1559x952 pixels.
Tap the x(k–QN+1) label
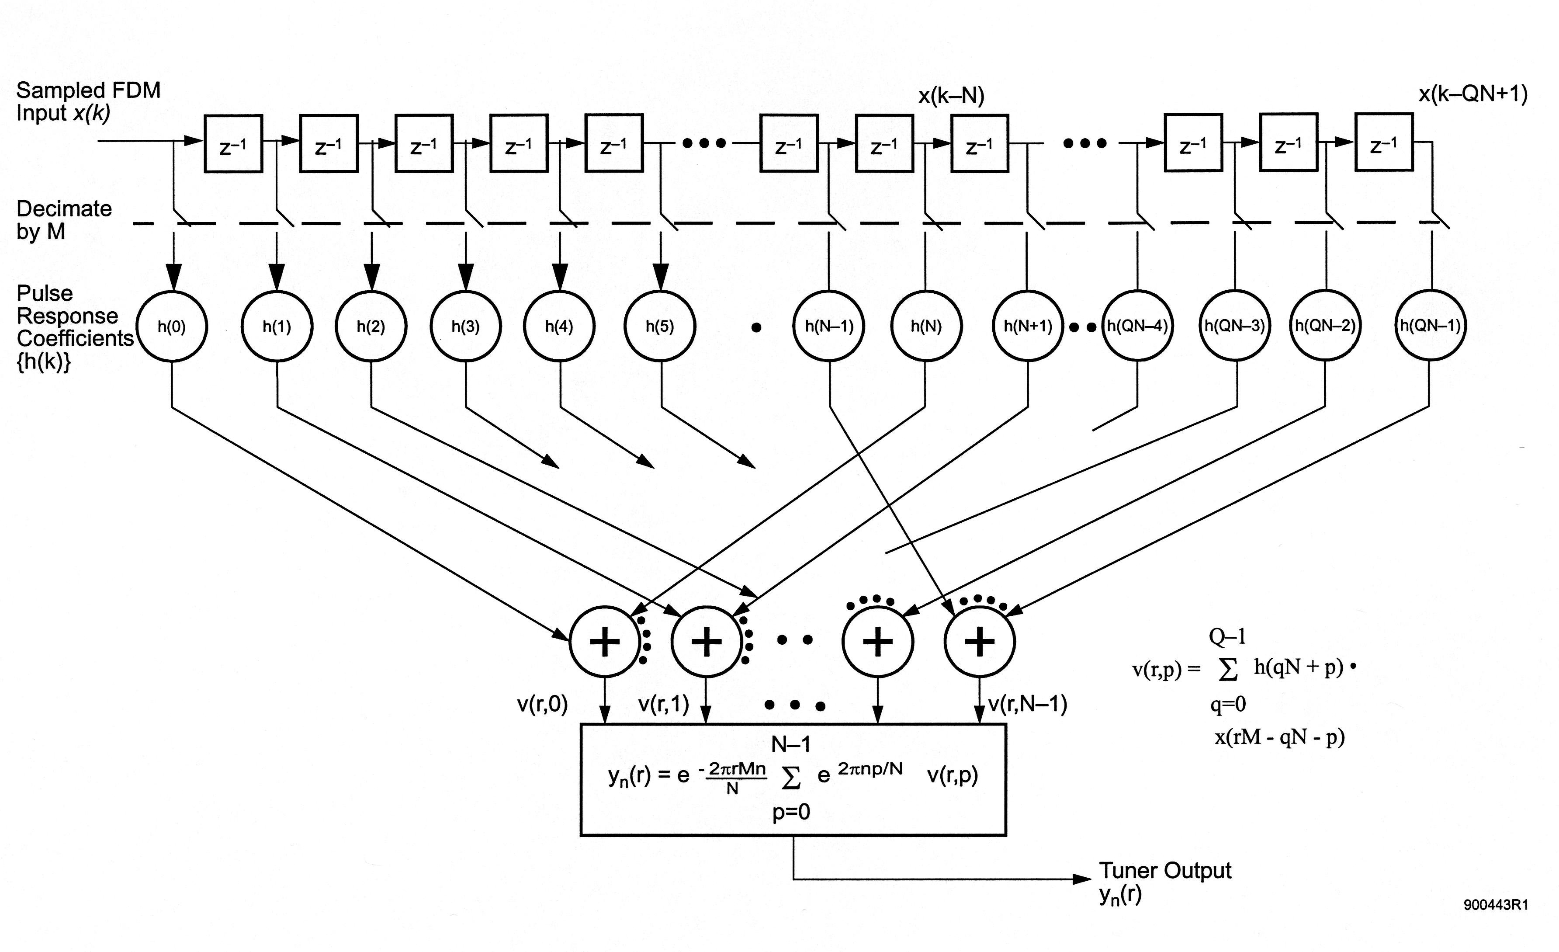[x=1473, y=94]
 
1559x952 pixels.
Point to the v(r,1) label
[x=664, y=704]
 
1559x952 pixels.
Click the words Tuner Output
[x=1165, y=870]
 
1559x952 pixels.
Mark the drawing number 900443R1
[x=1496, y=904]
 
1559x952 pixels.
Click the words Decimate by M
[x=64, y=220]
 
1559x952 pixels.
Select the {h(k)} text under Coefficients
[x=44, y=361]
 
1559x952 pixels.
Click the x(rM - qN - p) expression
[x=1279, y=737]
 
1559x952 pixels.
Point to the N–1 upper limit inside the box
[x=790, y=744]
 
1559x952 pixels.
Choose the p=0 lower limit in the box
[x=791, y=812]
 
